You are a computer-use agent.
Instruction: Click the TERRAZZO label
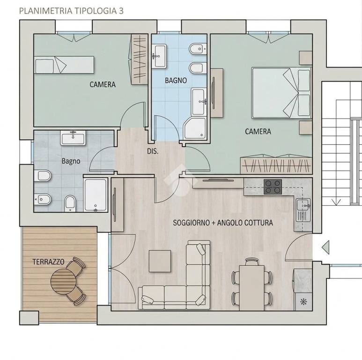48,262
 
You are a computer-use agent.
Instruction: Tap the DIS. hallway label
153,151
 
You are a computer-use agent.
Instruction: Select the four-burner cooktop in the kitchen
273,187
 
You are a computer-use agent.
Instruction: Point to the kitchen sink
303,210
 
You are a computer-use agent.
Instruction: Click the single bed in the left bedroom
64,65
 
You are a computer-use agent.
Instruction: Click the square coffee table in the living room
160,261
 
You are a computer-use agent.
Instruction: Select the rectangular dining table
251,288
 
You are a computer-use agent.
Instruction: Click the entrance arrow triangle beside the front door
326,247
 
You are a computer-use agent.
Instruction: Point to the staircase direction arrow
336,202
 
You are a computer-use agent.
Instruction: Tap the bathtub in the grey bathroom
96,195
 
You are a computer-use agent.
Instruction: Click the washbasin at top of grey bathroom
73,138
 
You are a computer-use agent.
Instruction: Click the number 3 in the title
121,11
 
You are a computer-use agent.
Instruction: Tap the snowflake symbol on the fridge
303,302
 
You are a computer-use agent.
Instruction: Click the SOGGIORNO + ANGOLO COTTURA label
223,223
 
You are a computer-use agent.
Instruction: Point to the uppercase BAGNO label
176,81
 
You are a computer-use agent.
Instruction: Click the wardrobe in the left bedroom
140,59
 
